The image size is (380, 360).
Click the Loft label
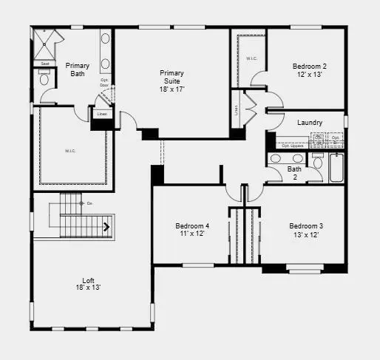point(88,282)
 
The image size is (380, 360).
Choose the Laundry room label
point(309,122)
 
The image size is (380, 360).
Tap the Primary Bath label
point(78,70)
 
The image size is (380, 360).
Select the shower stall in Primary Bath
point(49,46)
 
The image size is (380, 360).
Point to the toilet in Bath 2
point(317,162)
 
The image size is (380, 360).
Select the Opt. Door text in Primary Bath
point(104,82)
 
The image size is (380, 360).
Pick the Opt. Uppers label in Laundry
point(294,146)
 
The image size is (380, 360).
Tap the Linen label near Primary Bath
point(101,115)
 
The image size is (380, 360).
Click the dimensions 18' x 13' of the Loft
point(88,288)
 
